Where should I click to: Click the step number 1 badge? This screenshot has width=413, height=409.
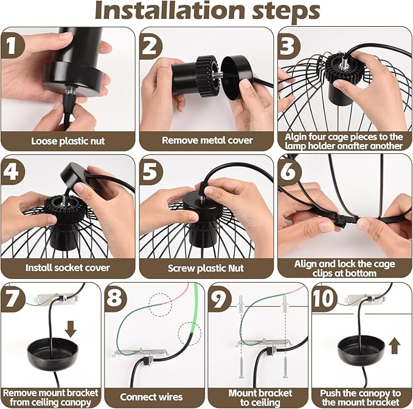11,45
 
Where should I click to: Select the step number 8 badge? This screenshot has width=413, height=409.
115,298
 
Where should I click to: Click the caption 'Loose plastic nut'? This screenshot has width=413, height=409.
68,141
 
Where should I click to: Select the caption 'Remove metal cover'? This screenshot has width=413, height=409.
207,140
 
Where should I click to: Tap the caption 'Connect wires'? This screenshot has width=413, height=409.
151,397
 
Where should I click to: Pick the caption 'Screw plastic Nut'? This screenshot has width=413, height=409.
206,268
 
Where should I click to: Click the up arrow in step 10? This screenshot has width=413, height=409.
395,346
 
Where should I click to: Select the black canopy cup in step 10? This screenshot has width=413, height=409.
361,352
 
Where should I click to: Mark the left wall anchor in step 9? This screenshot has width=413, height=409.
240,304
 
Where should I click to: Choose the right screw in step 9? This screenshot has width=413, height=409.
285,368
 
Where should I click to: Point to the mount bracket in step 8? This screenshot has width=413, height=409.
141,354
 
